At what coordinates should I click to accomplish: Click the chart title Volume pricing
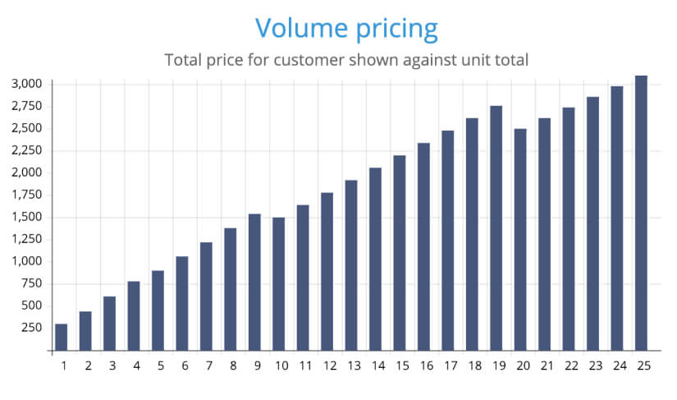point(345,28)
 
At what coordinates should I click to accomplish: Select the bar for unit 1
point(62,337)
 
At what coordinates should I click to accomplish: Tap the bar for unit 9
point(254,282)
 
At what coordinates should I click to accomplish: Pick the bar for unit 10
point(279,283)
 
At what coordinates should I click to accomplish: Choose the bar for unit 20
point(520,239)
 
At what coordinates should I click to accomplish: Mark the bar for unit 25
point(641,213)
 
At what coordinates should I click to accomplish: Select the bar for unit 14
point(376,259)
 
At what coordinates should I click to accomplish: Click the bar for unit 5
point(158,310)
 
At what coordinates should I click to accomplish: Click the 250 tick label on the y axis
point(33,328)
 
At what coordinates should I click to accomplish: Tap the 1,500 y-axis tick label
point(27,217)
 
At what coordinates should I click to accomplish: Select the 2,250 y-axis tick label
point(27,150)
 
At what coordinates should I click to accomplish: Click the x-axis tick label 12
point(327,365)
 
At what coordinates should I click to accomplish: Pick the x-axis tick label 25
point(643,365)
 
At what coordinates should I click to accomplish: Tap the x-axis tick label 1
point(63,365)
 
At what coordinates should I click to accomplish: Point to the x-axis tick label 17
point(449,365)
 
